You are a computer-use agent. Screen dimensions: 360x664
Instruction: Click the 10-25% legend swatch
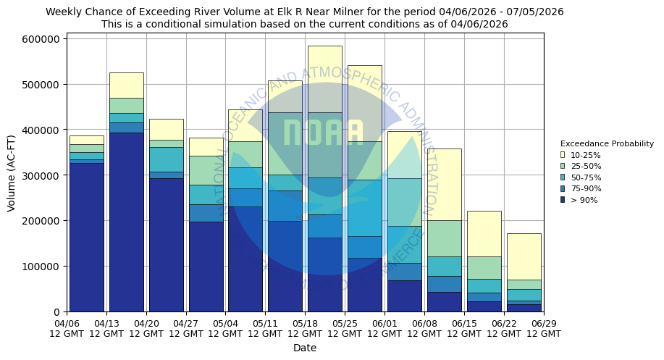coord(563,155)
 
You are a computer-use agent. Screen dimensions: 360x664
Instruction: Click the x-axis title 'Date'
coord(305,348)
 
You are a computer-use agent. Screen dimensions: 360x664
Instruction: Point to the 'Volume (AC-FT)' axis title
coord(11,173)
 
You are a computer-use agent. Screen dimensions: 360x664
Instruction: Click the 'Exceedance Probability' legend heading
coord(607,143)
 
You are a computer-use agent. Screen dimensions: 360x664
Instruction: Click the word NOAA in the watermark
coord(323,133)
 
